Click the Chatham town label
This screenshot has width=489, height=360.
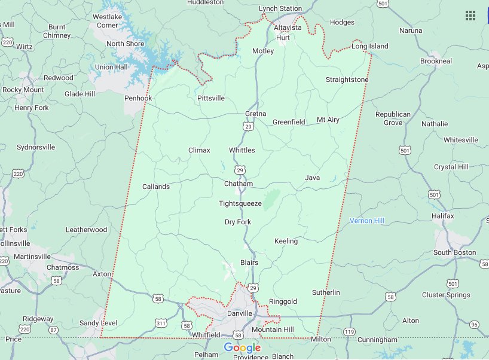(239, 184)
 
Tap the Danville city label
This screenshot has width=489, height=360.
(242, 313)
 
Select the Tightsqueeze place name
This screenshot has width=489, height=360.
(240, 203)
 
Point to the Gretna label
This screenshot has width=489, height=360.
(255, 114)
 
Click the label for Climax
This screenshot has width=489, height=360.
(199, 150)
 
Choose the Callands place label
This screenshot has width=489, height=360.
(156, 187)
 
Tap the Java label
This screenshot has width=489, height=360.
(312, 178)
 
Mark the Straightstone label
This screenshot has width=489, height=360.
(347, 80)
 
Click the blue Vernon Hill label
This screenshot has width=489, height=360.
(367, 221)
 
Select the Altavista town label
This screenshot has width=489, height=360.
(288, 28)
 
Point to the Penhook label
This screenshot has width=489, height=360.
(138, 98)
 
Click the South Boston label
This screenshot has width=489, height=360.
(455, 252)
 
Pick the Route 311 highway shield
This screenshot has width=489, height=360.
(161, 324)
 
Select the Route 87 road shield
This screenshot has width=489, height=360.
(54, 330)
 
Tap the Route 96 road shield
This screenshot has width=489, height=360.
(474, 325)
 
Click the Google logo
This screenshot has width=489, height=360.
(242, 348)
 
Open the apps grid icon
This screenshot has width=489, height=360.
(470, 16)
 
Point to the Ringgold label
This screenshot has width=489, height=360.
(283, 301)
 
